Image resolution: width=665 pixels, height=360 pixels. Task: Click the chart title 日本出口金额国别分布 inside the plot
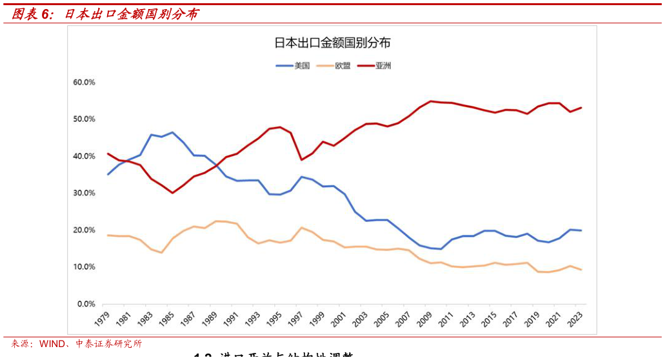[x=332, y=43]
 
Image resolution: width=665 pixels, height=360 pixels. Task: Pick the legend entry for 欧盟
[x=342, y=66]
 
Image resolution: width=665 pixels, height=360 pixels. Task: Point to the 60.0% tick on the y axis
[x=84, y=83]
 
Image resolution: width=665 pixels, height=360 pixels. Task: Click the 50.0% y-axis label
[x=84, y=119]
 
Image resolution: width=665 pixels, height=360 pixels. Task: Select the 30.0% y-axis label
[x=84, y=193]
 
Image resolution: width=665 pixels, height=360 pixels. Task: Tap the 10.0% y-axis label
[x=84, y=267]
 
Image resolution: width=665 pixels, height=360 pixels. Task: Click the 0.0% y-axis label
[x=86, y=304]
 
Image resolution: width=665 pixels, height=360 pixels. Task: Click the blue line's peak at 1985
[x=172, y=132]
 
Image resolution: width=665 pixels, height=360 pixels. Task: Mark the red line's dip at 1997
[x=301, y=159]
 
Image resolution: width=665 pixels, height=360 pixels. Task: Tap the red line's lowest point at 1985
[x=172, y=192]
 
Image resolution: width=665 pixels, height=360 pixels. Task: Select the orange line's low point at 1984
[x=161, y=252]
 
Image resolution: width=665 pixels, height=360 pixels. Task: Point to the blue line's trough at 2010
[x=441, y=249]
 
